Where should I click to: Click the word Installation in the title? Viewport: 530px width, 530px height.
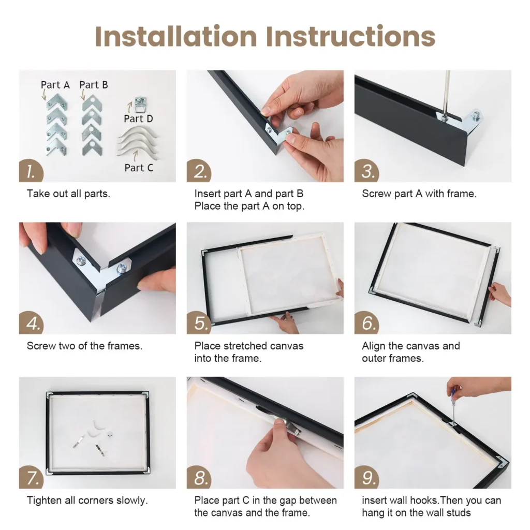(x=176, y=36)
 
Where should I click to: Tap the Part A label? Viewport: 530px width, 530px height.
(x=55, y=85)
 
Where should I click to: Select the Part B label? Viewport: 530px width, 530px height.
(x=94, y=85)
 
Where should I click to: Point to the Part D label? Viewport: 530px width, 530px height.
(x=138, y=119)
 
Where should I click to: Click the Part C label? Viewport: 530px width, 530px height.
(x=139, y=168)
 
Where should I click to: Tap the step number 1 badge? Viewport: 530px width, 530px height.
(x=31, y=171)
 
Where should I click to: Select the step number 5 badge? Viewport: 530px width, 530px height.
(x=200, y=323)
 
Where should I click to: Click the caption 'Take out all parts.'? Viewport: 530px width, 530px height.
(x=68, y=194)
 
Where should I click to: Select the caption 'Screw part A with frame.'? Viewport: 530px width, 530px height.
(x=419, y=194)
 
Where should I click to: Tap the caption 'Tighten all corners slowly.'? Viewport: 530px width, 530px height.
(x=87, y=500)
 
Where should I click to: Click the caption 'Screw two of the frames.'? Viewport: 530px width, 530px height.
(x=84, y=346)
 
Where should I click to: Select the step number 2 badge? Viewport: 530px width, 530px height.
(x=200, y=171)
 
